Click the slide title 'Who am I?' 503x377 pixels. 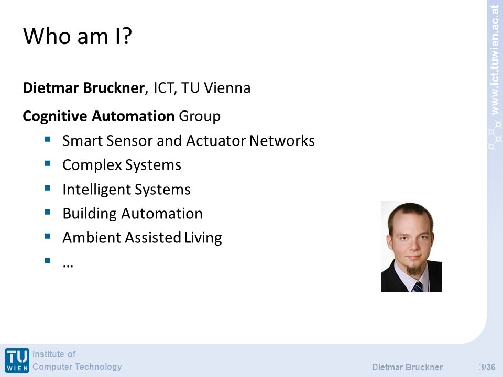click(78, 36)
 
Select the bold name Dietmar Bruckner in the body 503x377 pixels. click(83, 88)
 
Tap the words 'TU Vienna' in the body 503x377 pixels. click(215, 88)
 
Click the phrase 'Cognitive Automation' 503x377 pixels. click(99, 116)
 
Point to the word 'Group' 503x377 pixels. click(200, 116)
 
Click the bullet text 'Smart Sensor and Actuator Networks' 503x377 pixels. click(188, 141)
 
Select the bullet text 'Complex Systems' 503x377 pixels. click(122, 165)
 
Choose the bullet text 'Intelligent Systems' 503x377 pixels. click(126, 190)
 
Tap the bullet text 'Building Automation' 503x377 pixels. click(133, 214)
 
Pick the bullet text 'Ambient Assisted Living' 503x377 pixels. click(142, 238)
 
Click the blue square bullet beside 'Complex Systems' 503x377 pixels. click(48, 163)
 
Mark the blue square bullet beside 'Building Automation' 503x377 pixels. click(48, 212)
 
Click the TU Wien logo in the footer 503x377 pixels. click(17, 360)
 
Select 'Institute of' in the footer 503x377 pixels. click(54, 354)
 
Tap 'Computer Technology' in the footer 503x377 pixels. click(77, 367)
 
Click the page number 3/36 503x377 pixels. click(487, 367)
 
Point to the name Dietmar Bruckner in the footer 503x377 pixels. click(407, 367)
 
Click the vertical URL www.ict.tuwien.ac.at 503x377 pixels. click(495, 60)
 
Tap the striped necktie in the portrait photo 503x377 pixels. click(418, 286)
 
